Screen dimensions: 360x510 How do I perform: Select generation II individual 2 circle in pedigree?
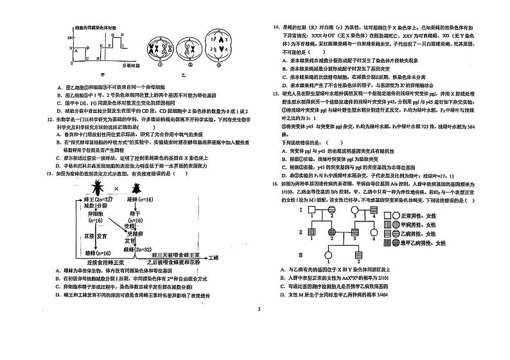[x=333, y=232]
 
